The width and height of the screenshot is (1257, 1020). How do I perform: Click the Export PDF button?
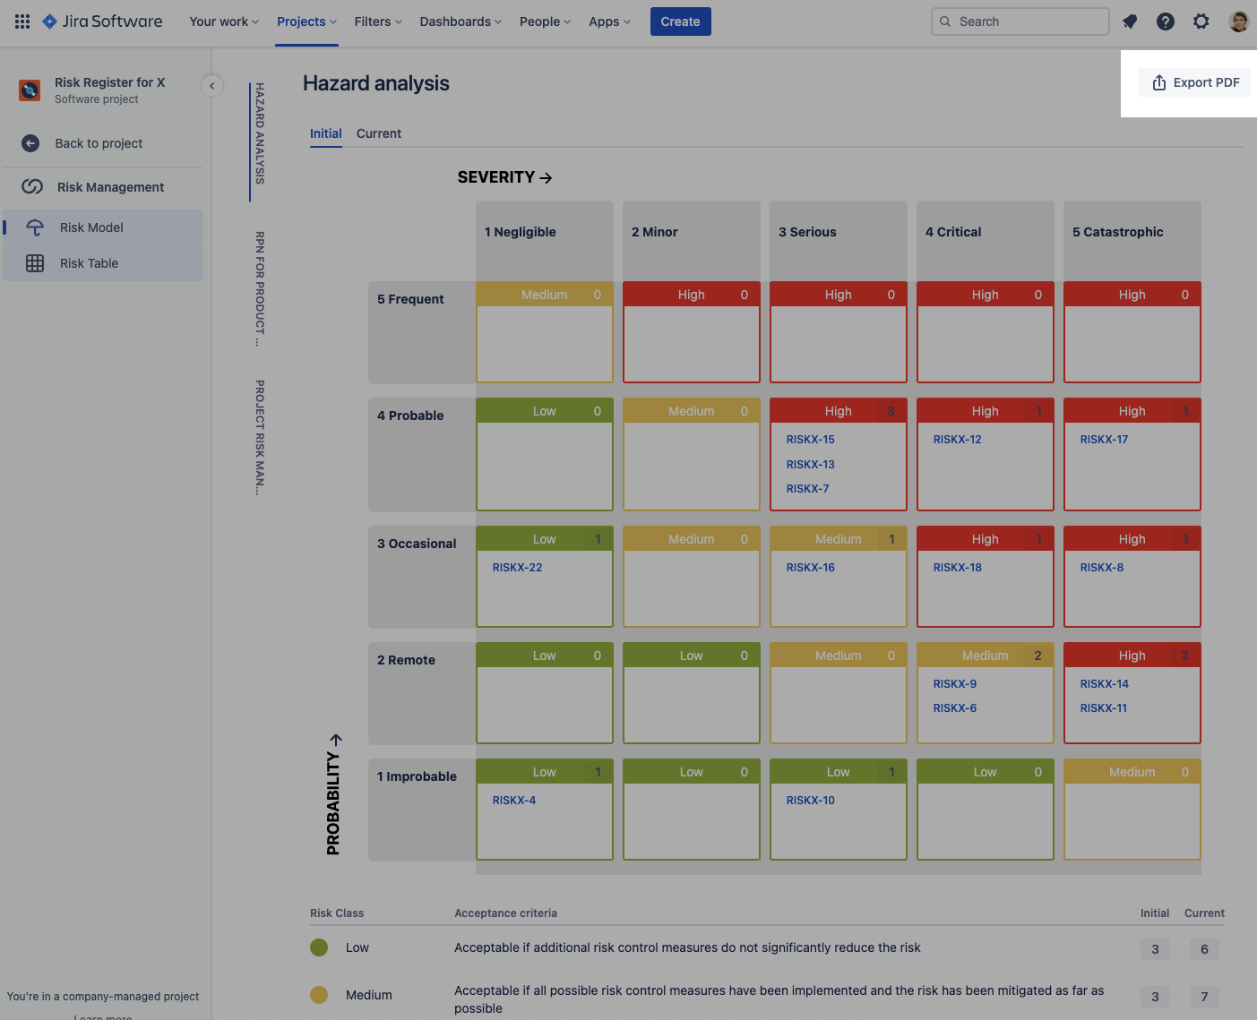pyautogui.click(x=1195, y=82)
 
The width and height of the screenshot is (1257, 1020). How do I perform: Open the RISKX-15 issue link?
pyautogui.click(x=810, y=440)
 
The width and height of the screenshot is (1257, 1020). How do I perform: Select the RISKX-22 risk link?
pyautogui.click(x=517, y=568)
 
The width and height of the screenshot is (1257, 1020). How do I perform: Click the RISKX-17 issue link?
pyautogui.click(x=1104, y=440)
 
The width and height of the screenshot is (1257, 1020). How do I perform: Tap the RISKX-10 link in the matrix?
pyautogui.click(x=810, y=801)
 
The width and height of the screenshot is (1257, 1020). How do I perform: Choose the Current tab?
pyautogui.click(x=378, y=133)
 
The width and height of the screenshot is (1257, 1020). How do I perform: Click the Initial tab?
pyautogui.click(x=325, y=133)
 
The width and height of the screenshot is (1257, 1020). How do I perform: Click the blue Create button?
pyautogui.click(x=680, y=21)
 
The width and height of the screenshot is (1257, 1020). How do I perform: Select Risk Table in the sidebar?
pyautogui.click(x=89, y=263)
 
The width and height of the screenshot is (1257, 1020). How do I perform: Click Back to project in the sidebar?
pyautogui.click(x=99, y=143)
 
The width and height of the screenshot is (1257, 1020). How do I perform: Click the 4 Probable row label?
pyautogui.click(x=410, y=416)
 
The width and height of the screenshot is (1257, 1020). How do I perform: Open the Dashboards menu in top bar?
pyautogui.click(x=461, y=21)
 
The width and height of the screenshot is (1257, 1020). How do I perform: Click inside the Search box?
pyautogui.click(x=1021, y=21)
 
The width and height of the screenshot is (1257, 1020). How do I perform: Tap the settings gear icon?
pyautogui.click(x=1201, y=21)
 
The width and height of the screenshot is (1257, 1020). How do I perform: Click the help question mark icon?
pyautogui.click(x=1165, y=21)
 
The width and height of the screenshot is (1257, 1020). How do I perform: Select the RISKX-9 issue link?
pyautogui.click(x=954, y=684)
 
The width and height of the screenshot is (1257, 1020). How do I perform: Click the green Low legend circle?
pyautogui.click(x=319, y=947)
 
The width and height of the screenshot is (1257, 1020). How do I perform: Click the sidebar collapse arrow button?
pyautogui.click(x=211, y=86)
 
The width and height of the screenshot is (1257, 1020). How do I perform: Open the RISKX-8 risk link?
pyautogui.click(x=1101, y=568)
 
